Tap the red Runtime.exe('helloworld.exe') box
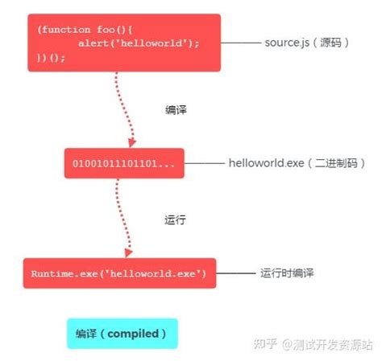[119, 273]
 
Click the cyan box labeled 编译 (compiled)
[122, 333]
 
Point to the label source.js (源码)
[307, 42]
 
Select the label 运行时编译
[287, 273]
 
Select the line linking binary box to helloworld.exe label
[216, 163]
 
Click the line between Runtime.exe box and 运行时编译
[235, 273]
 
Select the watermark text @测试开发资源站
[327, 344]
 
